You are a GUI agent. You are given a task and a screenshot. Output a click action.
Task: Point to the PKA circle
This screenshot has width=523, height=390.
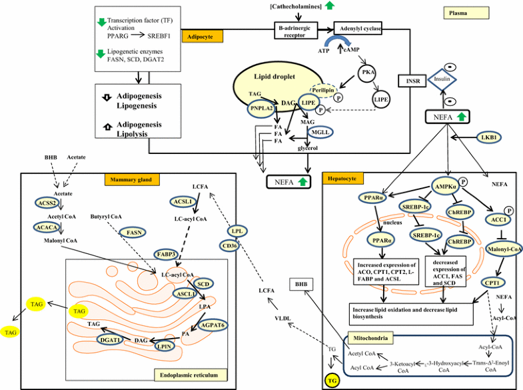[x=368, y=72]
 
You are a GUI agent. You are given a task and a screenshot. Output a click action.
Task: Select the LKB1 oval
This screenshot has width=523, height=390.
[x=488, y=137]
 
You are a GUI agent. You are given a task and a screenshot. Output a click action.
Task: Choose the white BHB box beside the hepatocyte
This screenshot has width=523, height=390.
[x=301, y=285]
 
